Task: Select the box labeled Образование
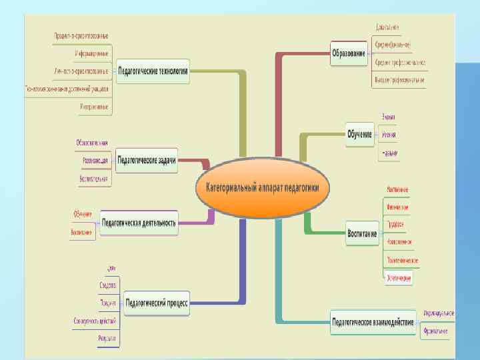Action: (x=349, y=53)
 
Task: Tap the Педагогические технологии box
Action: (x=153, y=70)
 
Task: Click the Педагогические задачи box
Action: (x=147, y=160)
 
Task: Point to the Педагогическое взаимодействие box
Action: (x=373, y=322)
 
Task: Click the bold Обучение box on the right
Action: (x=359, y=134)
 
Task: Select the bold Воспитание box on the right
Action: (x=362, y=234)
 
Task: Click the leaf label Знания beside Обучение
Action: (x=388, y=117)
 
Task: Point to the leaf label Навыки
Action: (x=389, y=153)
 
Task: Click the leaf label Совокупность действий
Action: (x=95, y=321)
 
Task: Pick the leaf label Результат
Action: (x=107, y=339)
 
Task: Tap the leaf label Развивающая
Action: (x=95, y=161)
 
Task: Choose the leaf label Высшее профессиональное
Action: (x=399, y=80)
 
